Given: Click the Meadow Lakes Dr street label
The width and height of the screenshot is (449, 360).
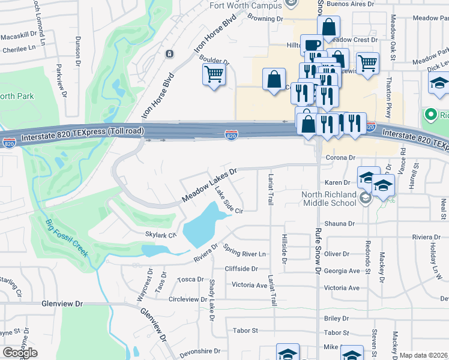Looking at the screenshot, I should [x=210, y=185].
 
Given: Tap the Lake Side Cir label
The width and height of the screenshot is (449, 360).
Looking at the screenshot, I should [x=228, y=200].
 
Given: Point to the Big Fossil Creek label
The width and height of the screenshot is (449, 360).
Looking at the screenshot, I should [x=67, y=238].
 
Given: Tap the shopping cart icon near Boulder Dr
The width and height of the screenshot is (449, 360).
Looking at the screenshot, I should [x=214, y=75].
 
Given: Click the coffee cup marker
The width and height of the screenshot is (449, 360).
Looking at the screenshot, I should [x=313, y=45].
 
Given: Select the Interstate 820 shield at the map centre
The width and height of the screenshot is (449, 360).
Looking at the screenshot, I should [x=231, y=136].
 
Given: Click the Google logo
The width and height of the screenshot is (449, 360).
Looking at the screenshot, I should [x=20, y=352].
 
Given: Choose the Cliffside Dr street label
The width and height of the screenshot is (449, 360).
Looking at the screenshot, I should [x=242, y=269].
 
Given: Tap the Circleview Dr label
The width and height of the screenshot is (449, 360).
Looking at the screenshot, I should [x=191, y=299].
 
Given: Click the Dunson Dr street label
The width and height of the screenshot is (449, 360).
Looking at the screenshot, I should [x=78, y=50].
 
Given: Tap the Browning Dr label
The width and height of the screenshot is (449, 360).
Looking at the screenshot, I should [x=265, y=19].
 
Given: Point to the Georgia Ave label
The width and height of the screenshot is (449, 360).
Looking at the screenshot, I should [x=341, y=271].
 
